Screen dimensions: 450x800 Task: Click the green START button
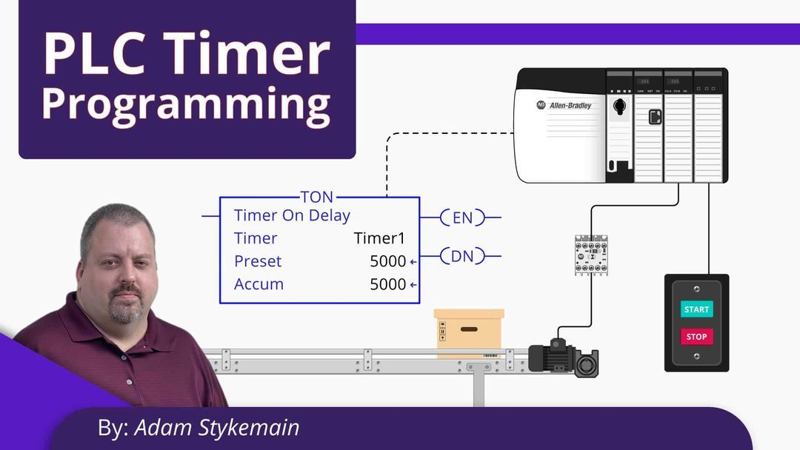(x=696, y=309)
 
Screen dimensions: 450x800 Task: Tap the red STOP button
(x=696, y=337)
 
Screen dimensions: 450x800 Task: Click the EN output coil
(x=461, y=218)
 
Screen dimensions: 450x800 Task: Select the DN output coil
(x=461, y=256)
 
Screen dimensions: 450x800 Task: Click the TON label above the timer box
(x=317, y=198)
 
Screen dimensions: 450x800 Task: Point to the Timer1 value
(x=379, y=238)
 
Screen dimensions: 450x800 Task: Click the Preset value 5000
(x=388, y=261)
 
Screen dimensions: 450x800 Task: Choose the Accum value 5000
(x=388, y=284)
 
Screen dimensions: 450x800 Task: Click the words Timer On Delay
(x=292, y=215)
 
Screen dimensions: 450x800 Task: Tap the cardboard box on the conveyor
(x=468, y=331)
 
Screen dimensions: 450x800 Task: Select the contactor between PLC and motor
(x=591, y=255)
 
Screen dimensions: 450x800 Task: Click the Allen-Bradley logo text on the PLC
(x=570, y=106)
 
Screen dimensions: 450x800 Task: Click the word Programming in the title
(x=185, y=104)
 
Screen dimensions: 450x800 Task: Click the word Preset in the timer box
(x=258, y=261)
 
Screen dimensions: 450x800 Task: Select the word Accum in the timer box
(x=259, y=284)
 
